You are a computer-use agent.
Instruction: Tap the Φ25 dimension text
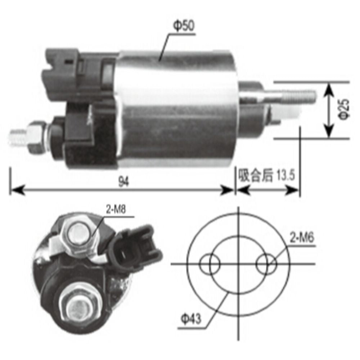click(344, 109)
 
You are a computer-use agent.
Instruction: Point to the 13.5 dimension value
click(286, 176)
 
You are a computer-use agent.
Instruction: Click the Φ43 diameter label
click(191, 319)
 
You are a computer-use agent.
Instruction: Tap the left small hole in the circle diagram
click(210, 264)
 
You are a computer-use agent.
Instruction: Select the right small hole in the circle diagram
click(266, 264)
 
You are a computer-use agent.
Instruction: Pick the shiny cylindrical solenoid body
click(176, 108)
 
